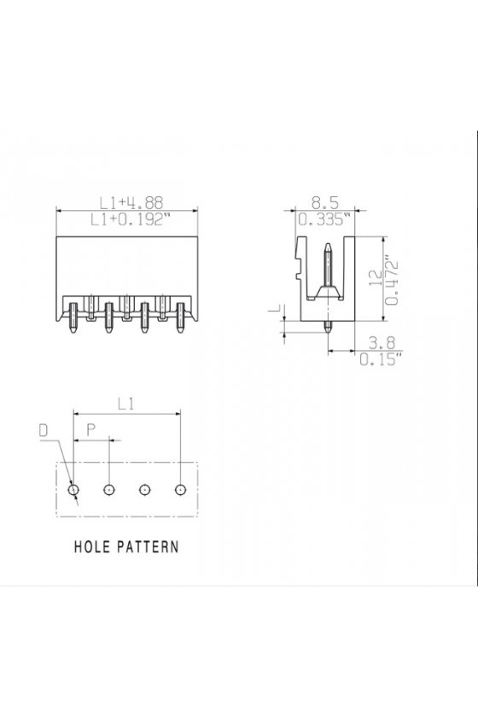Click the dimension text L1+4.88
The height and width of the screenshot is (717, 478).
(x=131, y=202)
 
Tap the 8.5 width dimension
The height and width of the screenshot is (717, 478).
(x=325, y=202)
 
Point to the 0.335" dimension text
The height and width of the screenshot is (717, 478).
(x=327, y=220)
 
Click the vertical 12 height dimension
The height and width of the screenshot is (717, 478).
(x=375, y=278)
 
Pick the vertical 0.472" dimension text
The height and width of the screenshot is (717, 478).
(x=392, y=283)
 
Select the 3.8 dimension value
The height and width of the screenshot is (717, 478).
(x=382, y=343)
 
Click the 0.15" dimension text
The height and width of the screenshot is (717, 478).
(x=381, y=359)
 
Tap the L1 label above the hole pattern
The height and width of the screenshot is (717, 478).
(x=125, y=404)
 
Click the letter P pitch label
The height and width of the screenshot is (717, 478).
(x=91, y=429)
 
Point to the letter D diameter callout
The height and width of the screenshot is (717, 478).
(x=44, y=430)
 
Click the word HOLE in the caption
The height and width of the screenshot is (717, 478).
(x=91, y=546)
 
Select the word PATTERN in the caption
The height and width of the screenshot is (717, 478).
(x=148, y=546)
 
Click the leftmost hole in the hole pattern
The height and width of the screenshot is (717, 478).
(x=73, y=490)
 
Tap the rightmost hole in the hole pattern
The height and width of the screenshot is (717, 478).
(x=181, y=490)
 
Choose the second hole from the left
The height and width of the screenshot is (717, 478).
(x=109, y=490)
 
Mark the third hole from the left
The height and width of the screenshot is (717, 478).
(x=144, y=490)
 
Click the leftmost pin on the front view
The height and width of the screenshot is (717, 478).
(x=73, y=317)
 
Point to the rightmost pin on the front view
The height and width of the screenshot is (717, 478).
(x=180, y=317)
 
